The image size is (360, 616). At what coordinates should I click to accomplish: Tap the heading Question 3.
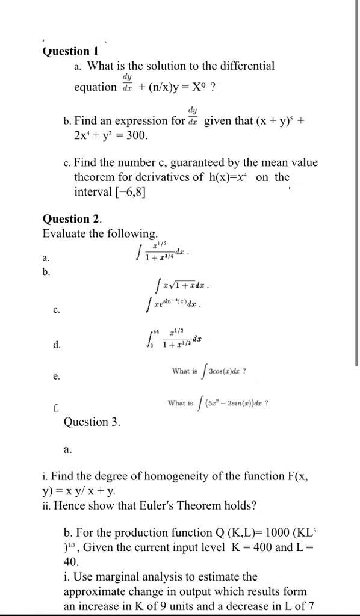coord(92,422)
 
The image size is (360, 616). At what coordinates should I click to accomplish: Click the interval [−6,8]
coord(110,192)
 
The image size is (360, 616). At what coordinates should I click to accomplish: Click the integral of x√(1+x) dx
coord(182,283)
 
